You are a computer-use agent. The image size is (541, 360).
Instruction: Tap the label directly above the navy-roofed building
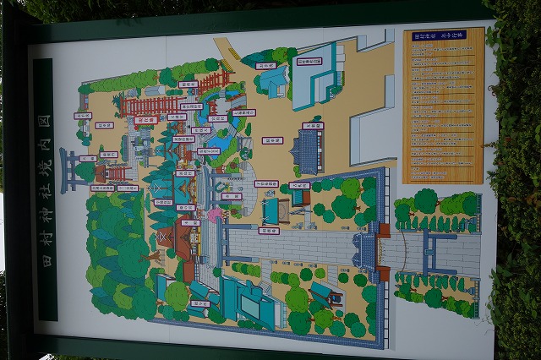click(313, 126)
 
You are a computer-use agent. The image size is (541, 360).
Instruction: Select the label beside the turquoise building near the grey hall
click(266, 65)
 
